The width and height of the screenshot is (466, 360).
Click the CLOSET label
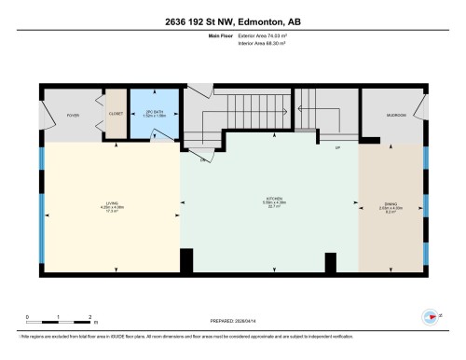[116, 115]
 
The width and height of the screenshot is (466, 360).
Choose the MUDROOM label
[396, 115]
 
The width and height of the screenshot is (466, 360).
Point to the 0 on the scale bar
[28, 316]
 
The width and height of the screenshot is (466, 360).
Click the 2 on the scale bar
[89, 316]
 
